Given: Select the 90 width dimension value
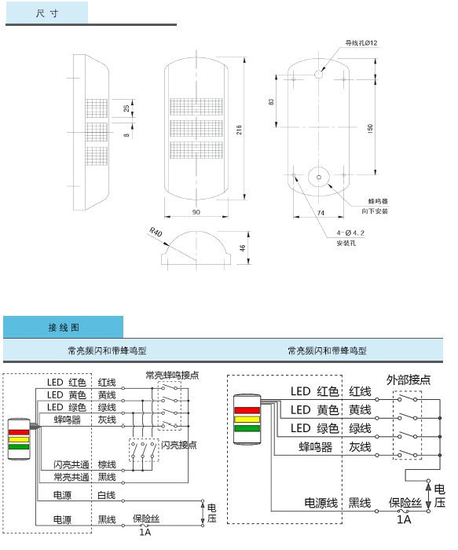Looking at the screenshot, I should [x=196, y=212].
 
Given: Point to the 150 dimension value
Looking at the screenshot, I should [x=371, y=128].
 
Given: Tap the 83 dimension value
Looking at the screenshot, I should [x=272, y=102].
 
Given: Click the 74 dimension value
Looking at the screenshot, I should [x=321, y=212].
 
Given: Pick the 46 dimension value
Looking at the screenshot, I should [x=243, y=247].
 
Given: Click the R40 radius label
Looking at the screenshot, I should [x=156, y=232].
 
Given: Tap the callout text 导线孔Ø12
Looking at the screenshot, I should [x=361, y=43].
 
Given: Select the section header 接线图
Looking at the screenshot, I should [x=64, y=327].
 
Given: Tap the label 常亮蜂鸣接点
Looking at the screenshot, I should [x=171, y=374].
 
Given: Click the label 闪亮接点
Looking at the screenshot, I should [x=179, y=445].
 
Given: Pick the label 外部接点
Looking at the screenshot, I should [x=409, y=379].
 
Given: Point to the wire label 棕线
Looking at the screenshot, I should [x=107, y=464].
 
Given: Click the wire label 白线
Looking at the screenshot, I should [x=107, y=495].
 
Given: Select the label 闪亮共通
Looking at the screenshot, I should [x=70, y=464].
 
